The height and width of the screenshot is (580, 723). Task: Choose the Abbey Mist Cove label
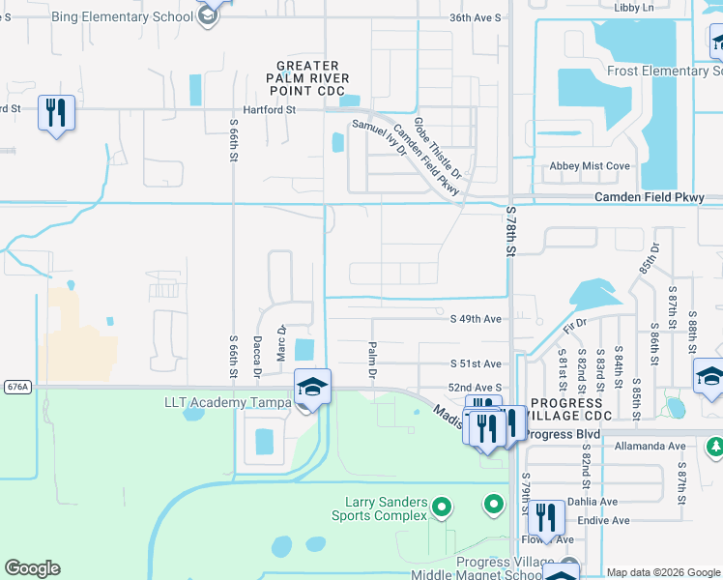pyautogui.click(x=589, y=166)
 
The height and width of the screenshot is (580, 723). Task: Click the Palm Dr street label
pyautogui.click(x=371, y=359)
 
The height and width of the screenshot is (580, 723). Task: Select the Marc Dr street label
pyautogui.click(x=281, y=343)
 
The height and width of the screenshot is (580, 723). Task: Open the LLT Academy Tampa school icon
pyautogui.click(x=312, y=387)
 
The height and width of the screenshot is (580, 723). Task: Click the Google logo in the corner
pyautogui.click(x=32, y=568)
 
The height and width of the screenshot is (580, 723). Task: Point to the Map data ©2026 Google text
pyautogui.click(x=662, y=572)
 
